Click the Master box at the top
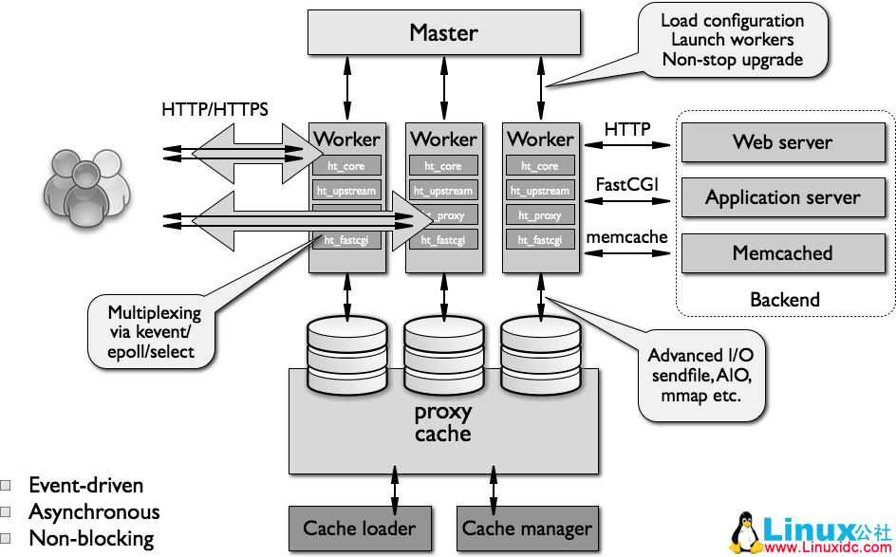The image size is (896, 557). [443, 32]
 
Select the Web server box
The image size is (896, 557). [782, 142]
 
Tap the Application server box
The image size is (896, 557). [782, 197]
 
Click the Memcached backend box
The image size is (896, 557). [782, 252]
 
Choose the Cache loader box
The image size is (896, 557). [359, 528]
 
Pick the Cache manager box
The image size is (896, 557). [527, 528]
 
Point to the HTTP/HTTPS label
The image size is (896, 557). [215, 109]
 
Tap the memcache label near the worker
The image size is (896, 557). [627, 236]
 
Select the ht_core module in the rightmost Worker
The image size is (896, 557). [540, 166]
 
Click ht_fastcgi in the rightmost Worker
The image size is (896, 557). [540, 240]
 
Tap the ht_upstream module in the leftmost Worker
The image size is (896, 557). [346, 191]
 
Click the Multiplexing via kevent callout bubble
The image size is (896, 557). [153, 331]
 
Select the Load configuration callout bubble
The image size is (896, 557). [732, 40]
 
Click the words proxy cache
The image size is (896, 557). [443, 423]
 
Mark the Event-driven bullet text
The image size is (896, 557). [85, 485]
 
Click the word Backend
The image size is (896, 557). [784, 300]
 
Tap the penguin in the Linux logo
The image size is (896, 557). [746, 534]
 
